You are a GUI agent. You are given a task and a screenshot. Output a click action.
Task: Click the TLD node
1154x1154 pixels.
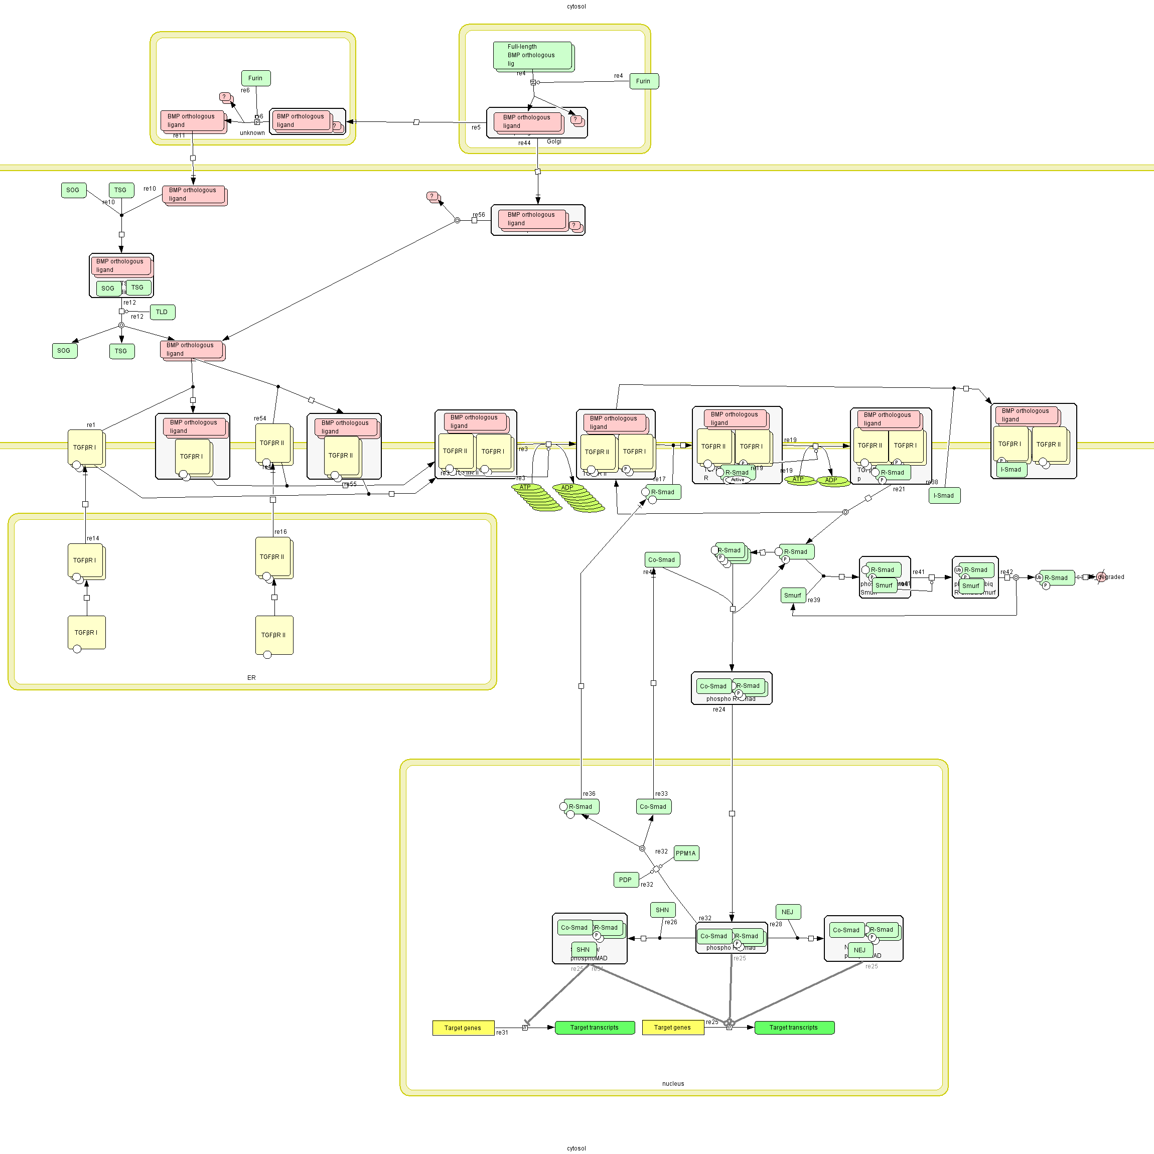tap(163, 312)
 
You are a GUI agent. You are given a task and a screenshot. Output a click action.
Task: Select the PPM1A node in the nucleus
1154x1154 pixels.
tap(686, 853)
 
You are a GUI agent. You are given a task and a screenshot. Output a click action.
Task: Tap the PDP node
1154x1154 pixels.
tap(625, 879)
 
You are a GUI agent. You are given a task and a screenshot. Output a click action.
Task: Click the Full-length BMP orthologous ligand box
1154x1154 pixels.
tap(532, 55)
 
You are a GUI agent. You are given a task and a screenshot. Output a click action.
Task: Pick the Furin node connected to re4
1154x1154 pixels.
tap(644, 81)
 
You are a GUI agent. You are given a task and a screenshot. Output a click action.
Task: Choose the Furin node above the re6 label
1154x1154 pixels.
tap(256, 78)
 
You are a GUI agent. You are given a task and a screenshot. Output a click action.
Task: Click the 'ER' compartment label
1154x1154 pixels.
tap(251, 677)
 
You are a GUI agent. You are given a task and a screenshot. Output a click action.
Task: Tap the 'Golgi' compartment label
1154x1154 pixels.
tap(554, 141)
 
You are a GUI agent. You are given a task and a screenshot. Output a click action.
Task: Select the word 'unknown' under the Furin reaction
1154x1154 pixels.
tap(252, 133)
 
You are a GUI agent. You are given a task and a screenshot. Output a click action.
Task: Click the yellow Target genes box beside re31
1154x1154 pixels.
tap(463, 1028)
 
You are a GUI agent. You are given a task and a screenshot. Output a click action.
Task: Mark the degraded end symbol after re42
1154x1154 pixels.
tap(1101, 577)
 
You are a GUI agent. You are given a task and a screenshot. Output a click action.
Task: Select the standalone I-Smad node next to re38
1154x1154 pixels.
tap(944, 495)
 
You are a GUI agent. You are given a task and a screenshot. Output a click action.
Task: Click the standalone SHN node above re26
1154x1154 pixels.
tap(662, 910)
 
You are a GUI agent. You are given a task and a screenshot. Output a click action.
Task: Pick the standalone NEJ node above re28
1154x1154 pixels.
tap(787, 912)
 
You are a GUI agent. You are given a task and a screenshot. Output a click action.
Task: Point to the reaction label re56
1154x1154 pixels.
tap(479, 214)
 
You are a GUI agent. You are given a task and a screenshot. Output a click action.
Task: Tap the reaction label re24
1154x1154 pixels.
tap(718, 709)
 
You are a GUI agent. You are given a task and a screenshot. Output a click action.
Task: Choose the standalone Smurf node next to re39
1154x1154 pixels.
tap(793, 595)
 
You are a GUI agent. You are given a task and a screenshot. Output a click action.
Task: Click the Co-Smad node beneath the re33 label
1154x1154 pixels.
tap(653, 806)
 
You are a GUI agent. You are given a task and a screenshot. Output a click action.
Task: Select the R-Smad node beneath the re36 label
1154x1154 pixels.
tap(581, 806)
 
